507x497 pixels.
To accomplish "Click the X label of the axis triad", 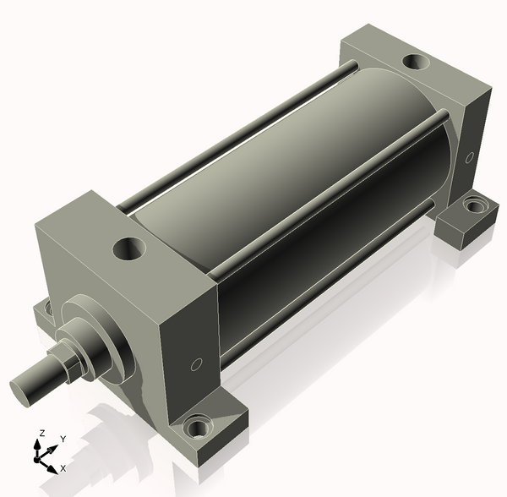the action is [63, 468].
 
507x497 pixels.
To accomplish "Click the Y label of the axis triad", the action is [63, 439].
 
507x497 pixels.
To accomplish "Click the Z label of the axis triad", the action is [41, 433].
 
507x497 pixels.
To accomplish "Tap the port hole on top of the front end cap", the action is [128, 248].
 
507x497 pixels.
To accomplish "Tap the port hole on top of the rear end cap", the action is [416, 62].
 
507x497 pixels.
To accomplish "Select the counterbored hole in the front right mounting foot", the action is [198, 426].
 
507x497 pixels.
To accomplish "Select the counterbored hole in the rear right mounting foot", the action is [474, 205].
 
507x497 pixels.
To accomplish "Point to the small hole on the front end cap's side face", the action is [196, 364].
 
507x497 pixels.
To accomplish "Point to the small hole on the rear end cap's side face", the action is [469, 157].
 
